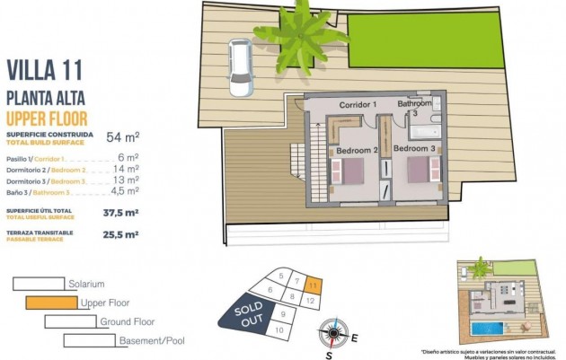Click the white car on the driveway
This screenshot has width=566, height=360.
coord(239,68)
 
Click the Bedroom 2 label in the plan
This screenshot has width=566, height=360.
coord(356,150)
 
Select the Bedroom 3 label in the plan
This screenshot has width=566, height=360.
coord(414,147)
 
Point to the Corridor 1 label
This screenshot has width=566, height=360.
coord(357,105)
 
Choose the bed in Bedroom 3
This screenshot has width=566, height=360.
coord(419,170)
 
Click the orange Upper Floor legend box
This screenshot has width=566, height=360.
coord(50,303)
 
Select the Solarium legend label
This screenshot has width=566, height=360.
coord(86,284)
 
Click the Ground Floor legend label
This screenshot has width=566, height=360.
coord(127,321)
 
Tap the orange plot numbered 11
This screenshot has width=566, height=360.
coord(312,285)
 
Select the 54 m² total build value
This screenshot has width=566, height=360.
coord(122,137)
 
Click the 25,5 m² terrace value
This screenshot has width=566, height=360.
coord(120,234)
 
